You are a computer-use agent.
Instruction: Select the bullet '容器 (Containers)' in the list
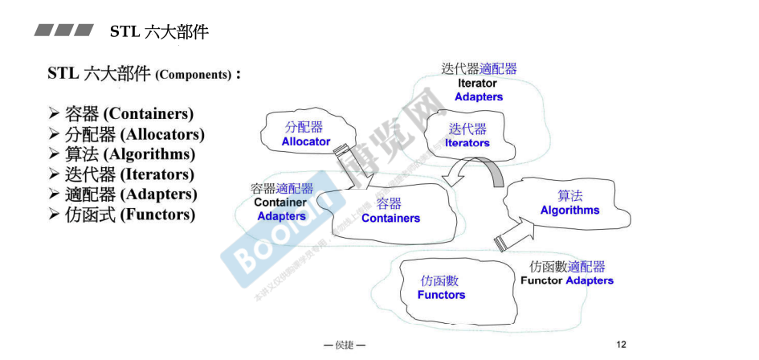(x=129, y=114)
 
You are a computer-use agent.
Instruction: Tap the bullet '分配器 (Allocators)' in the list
(x=134, y=134)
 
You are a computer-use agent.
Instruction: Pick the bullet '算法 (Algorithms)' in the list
(x=129, y=154)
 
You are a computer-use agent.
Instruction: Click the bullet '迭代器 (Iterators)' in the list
(x=129, y=174)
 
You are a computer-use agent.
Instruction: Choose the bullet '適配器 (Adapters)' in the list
(x=131, y=194)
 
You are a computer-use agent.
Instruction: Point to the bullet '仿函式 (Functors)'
(x=129, y=215)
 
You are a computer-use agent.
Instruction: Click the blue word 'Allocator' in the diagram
(x=305, y=141)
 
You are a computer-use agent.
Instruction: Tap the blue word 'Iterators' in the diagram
(x=467, y=143)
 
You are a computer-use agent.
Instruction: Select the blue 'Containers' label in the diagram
(x=390, y=218)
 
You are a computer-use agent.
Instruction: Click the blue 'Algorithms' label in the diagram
(x=569, y=210)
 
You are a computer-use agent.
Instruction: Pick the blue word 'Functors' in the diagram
(x=441, y=295)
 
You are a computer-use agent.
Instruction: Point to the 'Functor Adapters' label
(x=567, y=280)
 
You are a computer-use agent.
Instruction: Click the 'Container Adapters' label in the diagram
(x=281, y=209)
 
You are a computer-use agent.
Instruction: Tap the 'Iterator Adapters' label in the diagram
(x=479, y=90)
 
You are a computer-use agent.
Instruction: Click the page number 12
(x=621, y=344)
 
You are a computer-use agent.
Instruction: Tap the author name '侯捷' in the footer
(x=345, y=345)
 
